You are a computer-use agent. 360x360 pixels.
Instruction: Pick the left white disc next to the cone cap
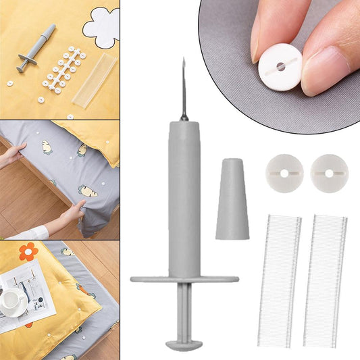click(284, 174)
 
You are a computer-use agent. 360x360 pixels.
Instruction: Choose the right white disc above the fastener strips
click(329, 174)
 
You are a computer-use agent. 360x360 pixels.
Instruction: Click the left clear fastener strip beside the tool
click(279, 280)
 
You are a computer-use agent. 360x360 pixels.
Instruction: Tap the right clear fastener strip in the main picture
click(324, 280)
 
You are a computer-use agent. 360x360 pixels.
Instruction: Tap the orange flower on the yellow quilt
click(28, 253)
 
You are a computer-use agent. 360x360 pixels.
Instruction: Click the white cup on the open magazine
click(14, 298)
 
